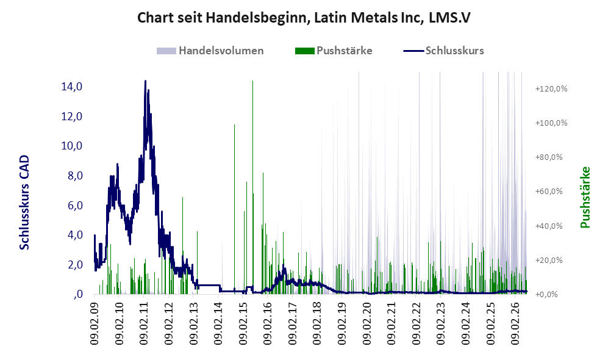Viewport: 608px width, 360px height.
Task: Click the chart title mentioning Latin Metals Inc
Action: (x=304, y=18)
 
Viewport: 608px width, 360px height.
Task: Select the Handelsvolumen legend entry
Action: (x=210, y=51)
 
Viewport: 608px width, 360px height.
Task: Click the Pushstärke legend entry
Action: (x=334, y=51)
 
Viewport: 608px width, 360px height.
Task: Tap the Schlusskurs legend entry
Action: (x=443, y=51)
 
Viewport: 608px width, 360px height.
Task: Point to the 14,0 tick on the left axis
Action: (x=72, y=87)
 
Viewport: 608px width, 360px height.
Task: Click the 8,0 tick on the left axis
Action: (x=75, y=176)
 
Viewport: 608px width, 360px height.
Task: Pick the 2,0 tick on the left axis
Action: (x=75, y=265)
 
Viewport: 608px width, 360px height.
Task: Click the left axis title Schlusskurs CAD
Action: (x=24, y=203)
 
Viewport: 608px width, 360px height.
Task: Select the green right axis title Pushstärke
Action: (x=585, y=198)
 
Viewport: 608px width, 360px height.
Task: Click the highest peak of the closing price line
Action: (x=145, y=81)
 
